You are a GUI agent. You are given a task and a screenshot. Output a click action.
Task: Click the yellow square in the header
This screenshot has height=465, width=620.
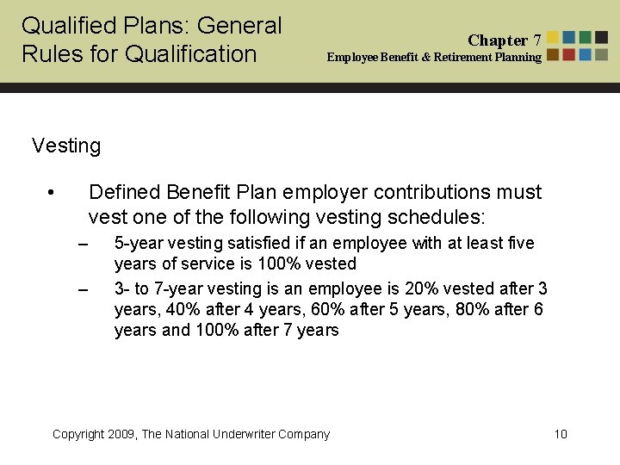pos(553,37)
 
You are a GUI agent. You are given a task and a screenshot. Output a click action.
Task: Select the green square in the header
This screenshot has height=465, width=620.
pos(585,37)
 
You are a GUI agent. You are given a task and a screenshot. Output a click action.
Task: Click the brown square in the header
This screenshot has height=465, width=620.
pos(553,54)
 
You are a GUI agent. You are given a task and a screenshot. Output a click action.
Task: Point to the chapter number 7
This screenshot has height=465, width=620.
pos(537,40)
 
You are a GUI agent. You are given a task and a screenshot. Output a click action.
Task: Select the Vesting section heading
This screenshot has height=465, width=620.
pos(66,146)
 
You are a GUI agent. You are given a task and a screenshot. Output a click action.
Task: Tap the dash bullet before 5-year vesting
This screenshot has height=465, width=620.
pos(84,245)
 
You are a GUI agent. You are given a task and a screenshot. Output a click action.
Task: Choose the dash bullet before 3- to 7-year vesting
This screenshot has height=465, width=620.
pos(84,288)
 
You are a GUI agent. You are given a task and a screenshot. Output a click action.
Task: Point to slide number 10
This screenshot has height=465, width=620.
pos(561,434)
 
